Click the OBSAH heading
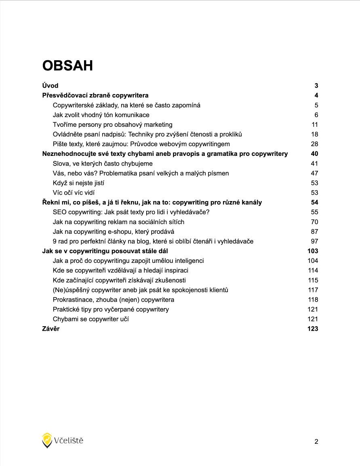[x=67, y=65]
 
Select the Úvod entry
[x=50, y=86]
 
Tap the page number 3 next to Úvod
[x=316, y=86]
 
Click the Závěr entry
[x=51, y=329]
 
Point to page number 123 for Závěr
[x=313, y=329]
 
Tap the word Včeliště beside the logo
[x=69, y=441]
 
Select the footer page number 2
[x=316, y=442]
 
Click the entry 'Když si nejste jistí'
[x=78, y=183]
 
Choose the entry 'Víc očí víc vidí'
[x=74, y=193]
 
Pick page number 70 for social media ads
[x=314, y=222]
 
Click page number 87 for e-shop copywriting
[x=314, y=231]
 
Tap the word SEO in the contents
[x=60, y=212]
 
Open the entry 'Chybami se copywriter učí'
[x=91, y=319]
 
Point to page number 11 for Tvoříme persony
[x=315, y=124]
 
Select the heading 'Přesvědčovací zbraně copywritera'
[x=95, y=95]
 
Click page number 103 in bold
[x=313, y=251]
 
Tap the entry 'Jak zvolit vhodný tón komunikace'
[x=101, y=115]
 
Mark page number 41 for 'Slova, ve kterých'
[x=314, y=164]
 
